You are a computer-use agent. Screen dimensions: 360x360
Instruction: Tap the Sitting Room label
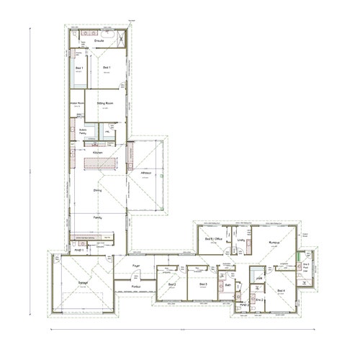click(x=106, y=104)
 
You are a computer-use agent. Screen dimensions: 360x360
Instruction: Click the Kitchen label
click(x=98, y=153)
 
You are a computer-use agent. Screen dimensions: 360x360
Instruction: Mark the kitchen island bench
click(x=96, y=165)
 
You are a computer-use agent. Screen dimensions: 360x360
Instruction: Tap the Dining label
click(x=97, y=191)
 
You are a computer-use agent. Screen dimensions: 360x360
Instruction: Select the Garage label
click(x=84, y=283)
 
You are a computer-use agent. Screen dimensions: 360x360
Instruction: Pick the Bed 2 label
click(x=172, y=284)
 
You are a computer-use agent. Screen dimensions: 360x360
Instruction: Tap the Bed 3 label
click(x=203, y=284)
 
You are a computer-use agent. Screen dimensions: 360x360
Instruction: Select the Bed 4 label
click(x=281, y=290)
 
